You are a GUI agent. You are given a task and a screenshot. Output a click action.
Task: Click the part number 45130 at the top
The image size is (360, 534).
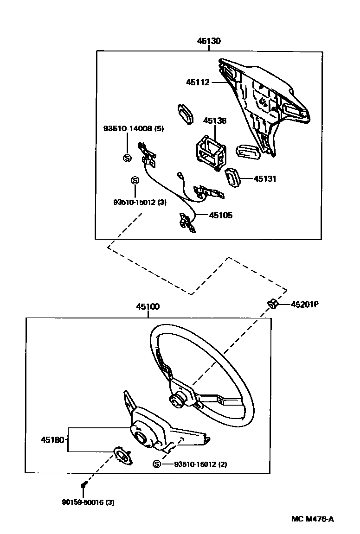click(x=209, y=41)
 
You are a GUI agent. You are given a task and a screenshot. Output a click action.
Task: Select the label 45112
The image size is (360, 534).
click(x=198, y=83)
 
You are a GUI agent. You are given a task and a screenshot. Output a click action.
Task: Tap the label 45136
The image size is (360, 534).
click(x=215, y=121)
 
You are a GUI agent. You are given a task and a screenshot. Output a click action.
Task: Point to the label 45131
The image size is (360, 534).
click(x=265, y=178)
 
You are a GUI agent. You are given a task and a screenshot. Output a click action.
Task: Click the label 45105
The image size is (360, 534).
click(x=221, y=215)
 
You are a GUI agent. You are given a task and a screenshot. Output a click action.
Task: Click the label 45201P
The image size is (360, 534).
click(x=305, y=305)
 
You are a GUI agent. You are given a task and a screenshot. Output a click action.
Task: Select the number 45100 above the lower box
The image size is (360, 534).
click(x=148, y=306)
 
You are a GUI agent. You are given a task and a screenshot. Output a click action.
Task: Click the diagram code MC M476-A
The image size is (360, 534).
click(x=312, y=519)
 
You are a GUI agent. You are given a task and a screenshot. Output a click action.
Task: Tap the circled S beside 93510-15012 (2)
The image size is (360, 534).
click(x=156, y=464)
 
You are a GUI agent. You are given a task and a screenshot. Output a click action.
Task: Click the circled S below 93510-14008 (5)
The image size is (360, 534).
click(x=127, y=158)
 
